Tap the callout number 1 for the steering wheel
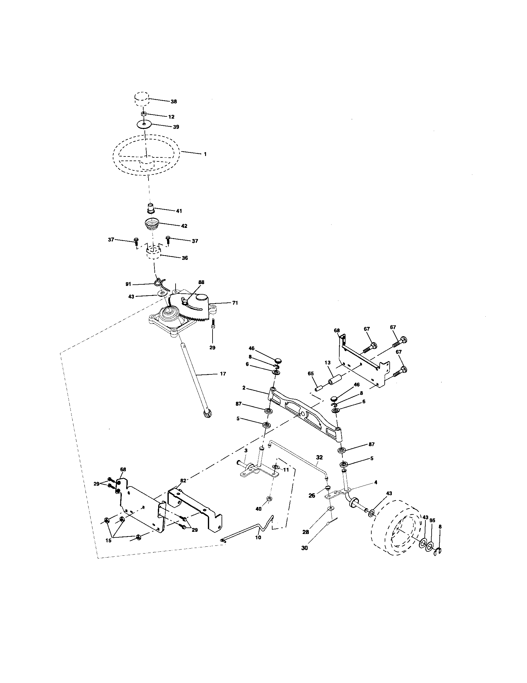tap(205, 154)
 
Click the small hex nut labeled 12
tap(143, 114)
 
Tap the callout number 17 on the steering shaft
tap(223, 373)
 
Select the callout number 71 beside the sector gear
tap(235, 303)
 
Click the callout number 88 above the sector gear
tap(201, 282)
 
